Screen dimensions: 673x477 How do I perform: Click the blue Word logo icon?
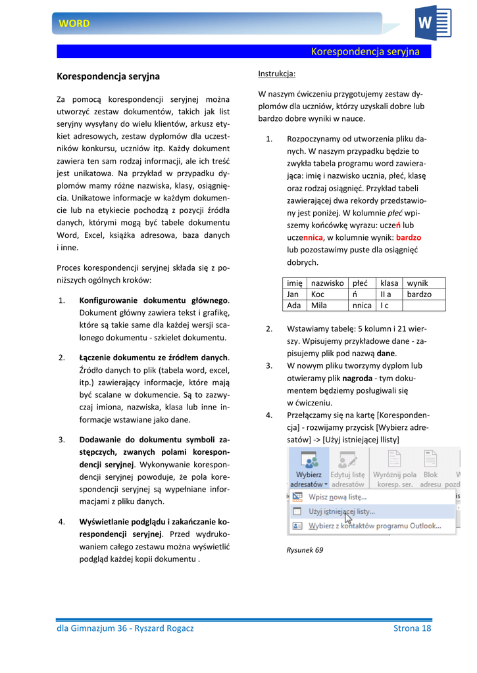(x=432, y=24)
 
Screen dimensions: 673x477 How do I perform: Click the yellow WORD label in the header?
(x=74, y=24)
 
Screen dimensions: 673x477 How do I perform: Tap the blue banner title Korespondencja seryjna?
(x=364, y=52)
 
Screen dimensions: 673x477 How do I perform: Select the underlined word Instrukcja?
(x=276, y=73)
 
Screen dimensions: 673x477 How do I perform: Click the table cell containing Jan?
(x=293, y=294)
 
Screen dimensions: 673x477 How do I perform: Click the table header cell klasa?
(x=389, y=283)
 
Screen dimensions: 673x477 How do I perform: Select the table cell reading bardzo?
(x=419, y=294)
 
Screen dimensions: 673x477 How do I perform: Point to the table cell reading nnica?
(x=362, y=305)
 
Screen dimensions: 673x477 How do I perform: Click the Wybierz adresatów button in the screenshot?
(x=308, y=470)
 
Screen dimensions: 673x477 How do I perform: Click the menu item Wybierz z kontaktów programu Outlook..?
(x=374, y=526)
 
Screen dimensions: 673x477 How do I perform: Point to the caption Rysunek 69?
(x=305, y=550)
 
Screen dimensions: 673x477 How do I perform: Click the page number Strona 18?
(x=412, y=628)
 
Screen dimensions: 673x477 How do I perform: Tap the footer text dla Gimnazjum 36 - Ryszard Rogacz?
(x=125, y=628)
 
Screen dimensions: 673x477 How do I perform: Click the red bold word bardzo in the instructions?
(x=409, y=237)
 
